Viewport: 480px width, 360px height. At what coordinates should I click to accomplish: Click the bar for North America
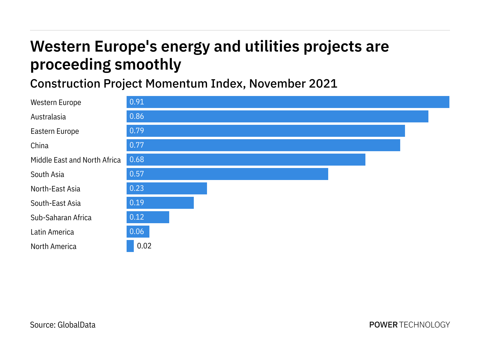pos(130,246)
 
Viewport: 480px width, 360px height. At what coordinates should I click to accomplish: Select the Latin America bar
pos(138,232)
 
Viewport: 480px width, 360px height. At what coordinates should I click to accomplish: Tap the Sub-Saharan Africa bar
pos(148,217)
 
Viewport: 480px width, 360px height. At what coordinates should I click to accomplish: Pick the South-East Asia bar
pos(160,203)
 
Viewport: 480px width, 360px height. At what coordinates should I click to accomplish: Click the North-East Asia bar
pos(167,188)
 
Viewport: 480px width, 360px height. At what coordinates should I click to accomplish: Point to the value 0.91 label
pos(137,102)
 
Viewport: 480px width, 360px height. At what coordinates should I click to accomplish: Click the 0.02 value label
pos(144,246)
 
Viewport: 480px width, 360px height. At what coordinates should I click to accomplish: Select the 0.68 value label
pos(137,160)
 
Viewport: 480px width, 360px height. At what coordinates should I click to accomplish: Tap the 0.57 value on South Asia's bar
pos(137,174)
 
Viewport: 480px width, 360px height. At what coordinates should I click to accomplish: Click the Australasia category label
pos(48,117)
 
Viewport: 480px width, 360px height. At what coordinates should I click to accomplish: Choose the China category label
pos(40,145)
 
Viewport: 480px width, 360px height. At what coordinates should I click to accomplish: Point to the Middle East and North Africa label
pos(76,160)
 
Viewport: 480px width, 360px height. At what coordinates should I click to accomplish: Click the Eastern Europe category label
pos(55,131)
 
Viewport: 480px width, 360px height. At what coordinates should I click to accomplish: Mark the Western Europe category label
pos(56,102)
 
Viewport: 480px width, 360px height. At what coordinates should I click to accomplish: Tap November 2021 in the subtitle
pos(293,83)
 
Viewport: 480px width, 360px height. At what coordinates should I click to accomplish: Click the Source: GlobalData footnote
pos(63,325)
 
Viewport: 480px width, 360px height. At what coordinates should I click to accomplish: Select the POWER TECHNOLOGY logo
pos(409,325)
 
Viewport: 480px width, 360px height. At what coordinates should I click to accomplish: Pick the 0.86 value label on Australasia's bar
pos(137,116)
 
